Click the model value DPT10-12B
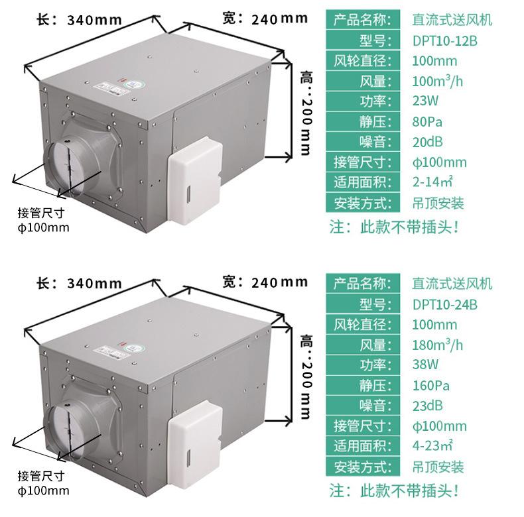coord(444,41)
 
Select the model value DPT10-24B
coord(444,305)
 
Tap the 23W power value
coord(425,102)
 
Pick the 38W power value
coord(425,365)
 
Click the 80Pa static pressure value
coord(427,122)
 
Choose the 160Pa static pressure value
coord(431,385)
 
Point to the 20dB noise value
coord(427,142)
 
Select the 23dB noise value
coord(427,406)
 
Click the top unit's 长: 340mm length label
coord(78,19)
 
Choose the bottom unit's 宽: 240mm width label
coord(265,282)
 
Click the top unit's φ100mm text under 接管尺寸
coord(43,227)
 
